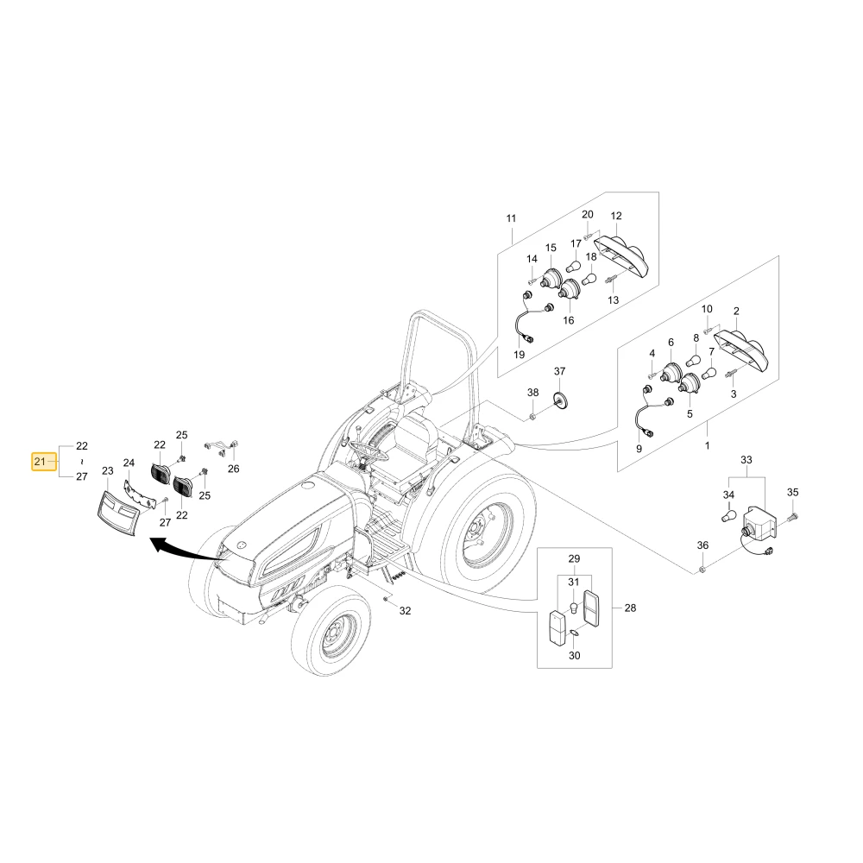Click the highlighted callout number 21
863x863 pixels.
point(43,461)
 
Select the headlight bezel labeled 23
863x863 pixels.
point(119,512)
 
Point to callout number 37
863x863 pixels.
point(559,371)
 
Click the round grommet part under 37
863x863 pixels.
point(560,399)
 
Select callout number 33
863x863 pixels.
point(746,460)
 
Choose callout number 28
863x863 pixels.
point(630,608)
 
